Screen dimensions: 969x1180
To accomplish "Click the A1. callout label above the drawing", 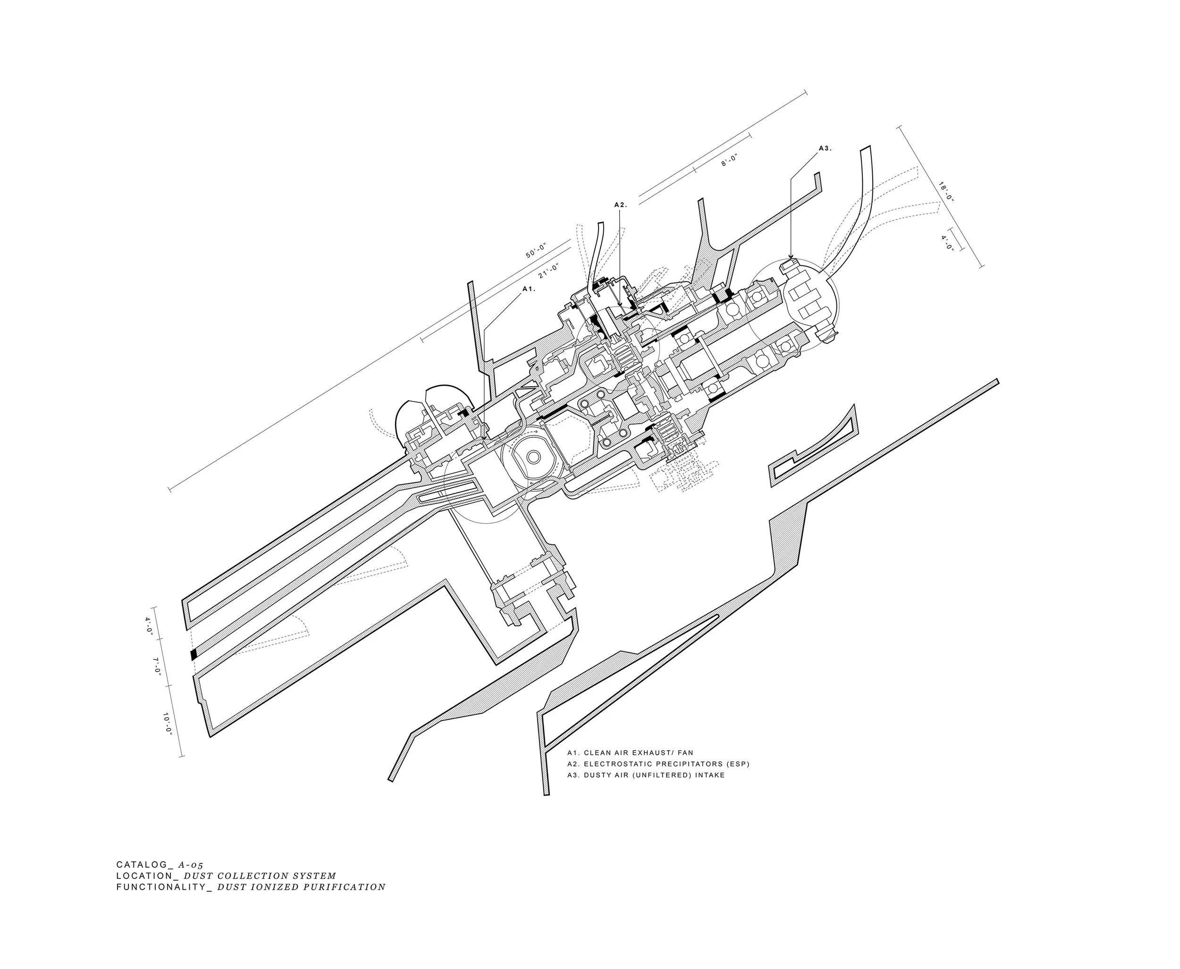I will [528, 289].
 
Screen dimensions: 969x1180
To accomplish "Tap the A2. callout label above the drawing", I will [620, 205].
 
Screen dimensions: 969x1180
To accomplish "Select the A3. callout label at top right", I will [825, 149].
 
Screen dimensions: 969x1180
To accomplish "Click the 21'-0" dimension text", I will [549, 271].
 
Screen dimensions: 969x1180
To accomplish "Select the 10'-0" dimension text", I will [168, 723].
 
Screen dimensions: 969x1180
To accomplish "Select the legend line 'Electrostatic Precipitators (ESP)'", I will [658, 764].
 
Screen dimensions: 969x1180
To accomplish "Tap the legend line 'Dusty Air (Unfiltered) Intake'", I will [646, 775].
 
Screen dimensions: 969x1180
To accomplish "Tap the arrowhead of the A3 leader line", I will [790, 257].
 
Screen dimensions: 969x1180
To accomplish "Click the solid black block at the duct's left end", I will [194, 654].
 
